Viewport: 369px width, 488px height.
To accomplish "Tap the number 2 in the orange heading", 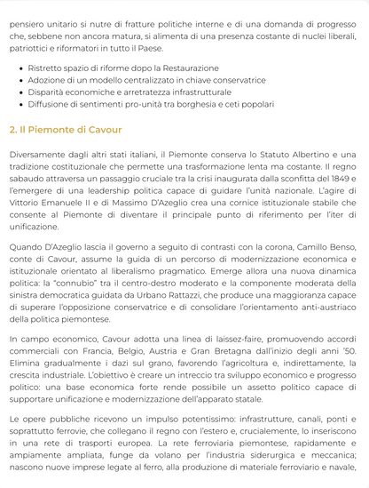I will point(12,129).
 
